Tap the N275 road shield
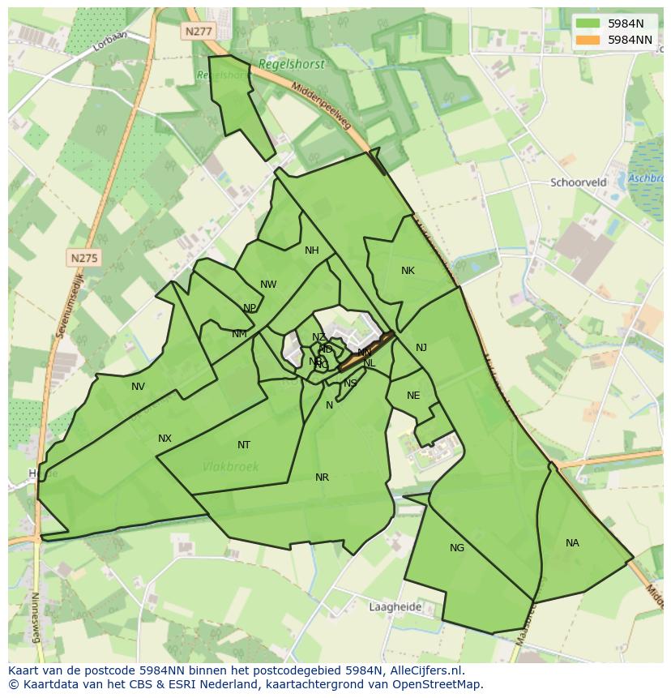pyautogui.click(x=83, y=258)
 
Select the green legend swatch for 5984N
pyautogui.click(x=588, y=24)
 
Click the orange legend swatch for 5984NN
pyautogui.click(x=588, y=39)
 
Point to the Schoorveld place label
pyautogui.click(x=578, y=182)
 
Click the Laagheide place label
pyautogui.click(x=395, y=606)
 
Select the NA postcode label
pyautogui.click(x=572, y=543)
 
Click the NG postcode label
pyautogui.click(x=457, y=548)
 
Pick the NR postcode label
pyautogui.click(x=322, y=477)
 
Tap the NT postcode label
pyautogui.click(x=244, y=445)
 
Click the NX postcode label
pyautogui.click(x=165, y=439)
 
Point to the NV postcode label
pyautogui.click(x=138, y=387)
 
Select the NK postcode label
pyautogui.click(x=408, y=271)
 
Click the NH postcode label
pyautogui.click(x=312, y=251)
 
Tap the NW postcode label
pyautogui.click(x=268, y=285)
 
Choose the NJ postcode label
pyautogui.click(x=421, y=348)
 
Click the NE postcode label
pyautogui.click(x=413, y=396)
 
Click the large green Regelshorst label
pyautogui.click(x=291, y=64)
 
